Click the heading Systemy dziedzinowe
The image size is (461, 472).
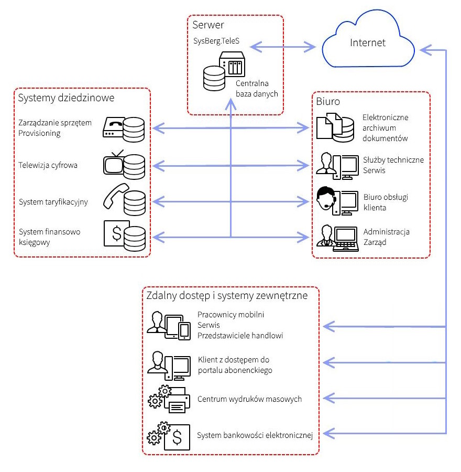[66, 98]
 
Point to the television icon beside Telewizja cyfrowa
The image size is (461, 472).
[114, 164]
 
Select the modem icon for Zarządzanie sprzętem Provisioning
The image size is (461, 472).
[113, 128]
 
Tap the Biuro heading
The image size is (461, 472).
[328, 101]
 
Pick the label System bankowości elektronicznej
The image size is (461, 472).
[255, 435]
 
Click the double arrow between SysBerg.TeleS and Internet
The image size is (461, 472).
[282, 47]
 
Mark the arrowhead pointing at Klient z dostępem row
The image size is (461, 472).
[327, 362]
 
